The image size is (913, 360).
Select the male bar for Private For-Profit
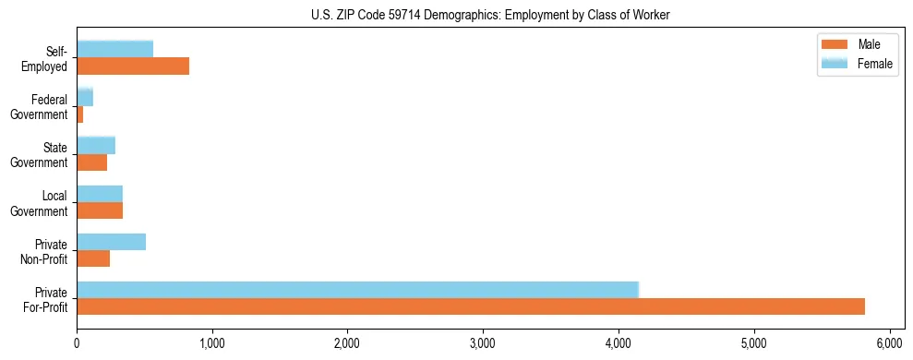pos(471,306)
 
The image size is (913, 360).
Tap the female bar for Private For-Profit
pos(357,290)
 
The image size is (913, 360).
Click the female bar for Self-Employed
pos(114,49)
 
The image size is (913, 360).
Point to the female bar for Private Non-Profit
pos(111,242)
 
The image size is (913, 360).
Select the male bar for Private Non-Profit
pos(93,258)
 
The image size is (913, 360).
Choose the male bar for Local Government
pos(100,210)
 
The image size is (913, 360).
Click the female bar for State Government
pos(96,145)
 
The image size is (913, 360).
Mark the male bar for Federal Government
pos(80,114)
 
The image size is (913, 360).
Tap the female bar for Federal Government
pos(85,97)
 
